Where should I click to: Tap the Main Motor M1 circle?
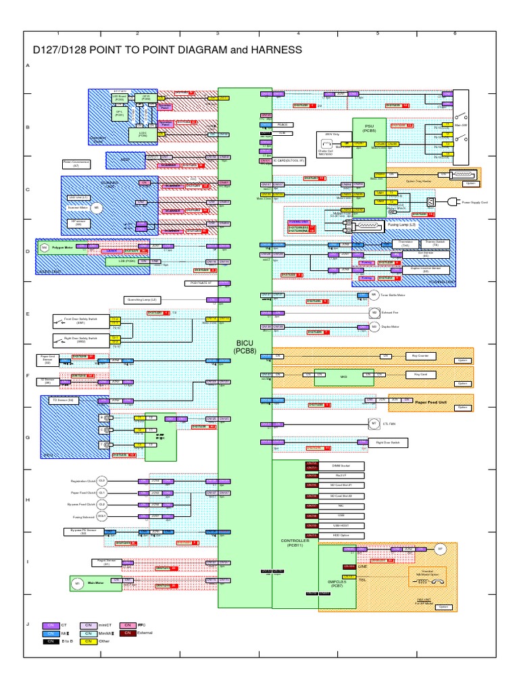pyautogui.click(x=77, y=583)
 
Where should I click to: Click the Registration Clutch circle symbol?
pyautogui.click(x=103, y=481)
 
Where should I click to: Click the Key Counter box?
pyautogui.click(x=419, y=355)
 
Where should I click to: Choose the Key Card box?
pyautogui.click(x=419, y=374)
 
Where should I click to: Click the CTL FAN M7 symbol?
pyautogui.click(x=374, y=424)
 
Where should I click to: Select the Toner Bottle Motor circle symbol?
pyautogui.click(x=373, y=295)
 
